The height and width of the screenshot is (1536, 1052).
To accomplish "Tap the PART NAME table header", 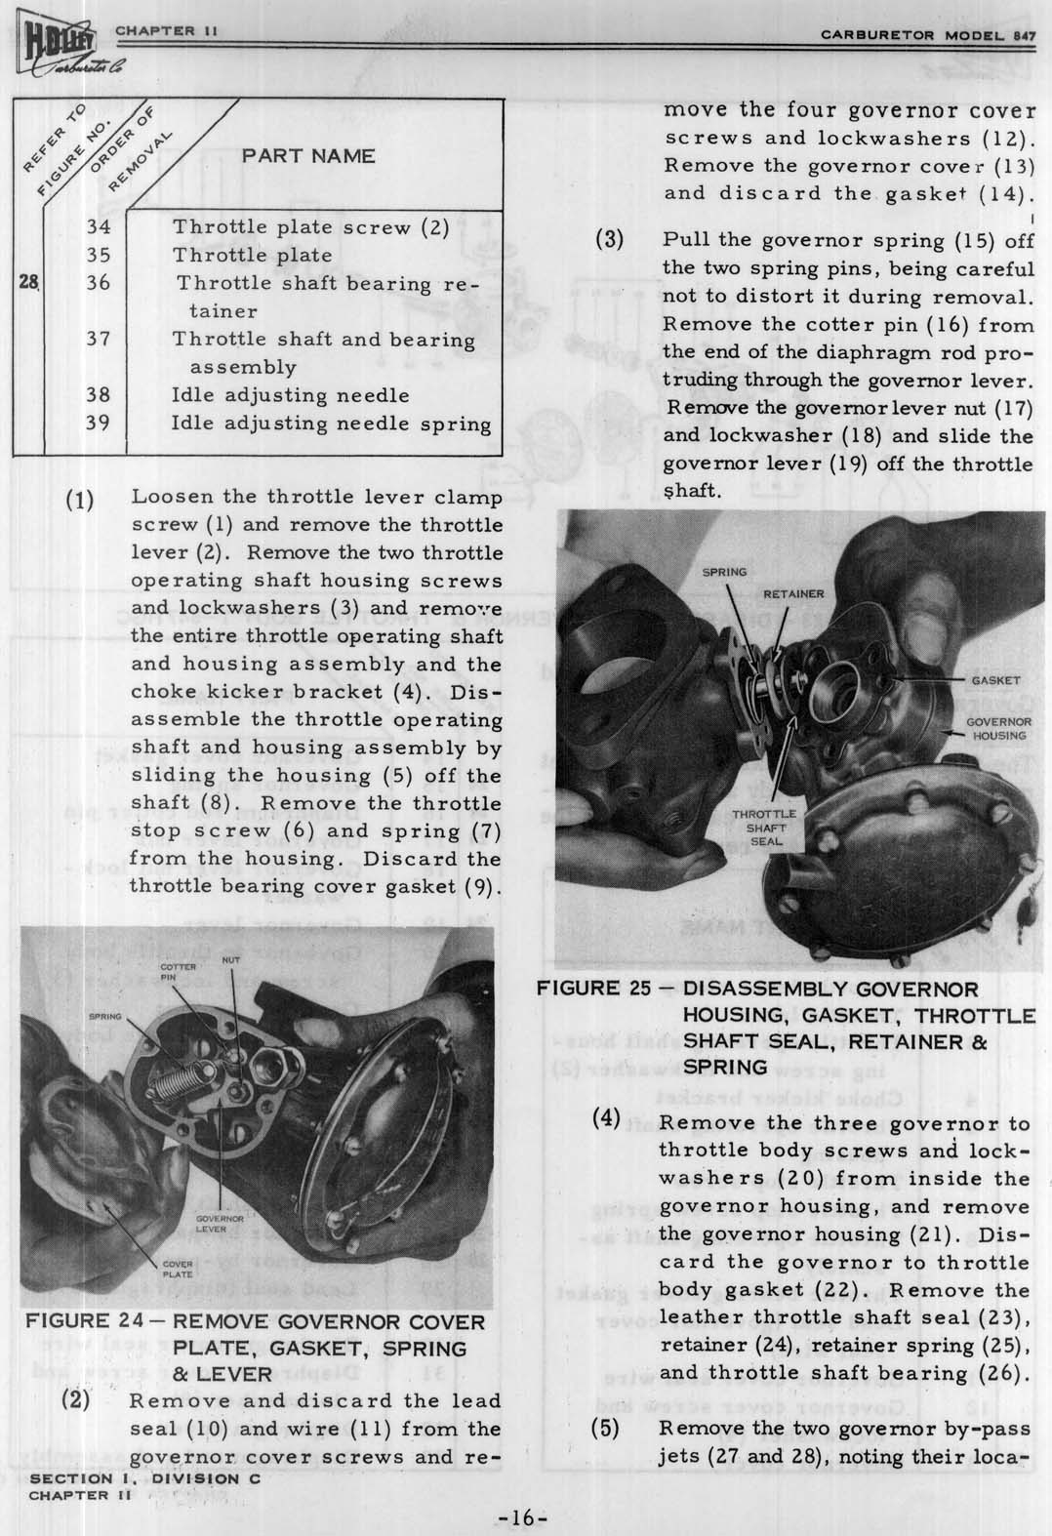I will click(307, 156).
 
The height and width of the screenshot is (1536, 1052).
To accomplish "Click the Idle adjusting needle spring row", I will click(331, 424).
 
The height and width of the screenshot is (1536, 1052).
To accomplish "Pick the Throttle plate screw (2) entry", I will click(309, 228).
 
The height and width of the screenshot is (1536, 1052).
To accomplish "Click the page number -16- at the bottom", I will click(523, 1518).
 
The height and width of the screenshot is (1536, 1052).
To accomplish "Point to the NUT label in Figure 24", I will click(230, 960).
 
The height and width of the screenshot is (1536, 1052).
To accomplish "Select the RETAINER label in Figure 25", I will click(793, 593).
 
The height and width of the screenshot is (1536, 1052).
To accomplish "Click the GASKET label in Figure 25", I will click(994, 680).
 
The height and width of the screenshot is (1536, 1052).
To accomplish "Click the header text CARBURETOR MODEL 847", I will click(926, 35).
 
